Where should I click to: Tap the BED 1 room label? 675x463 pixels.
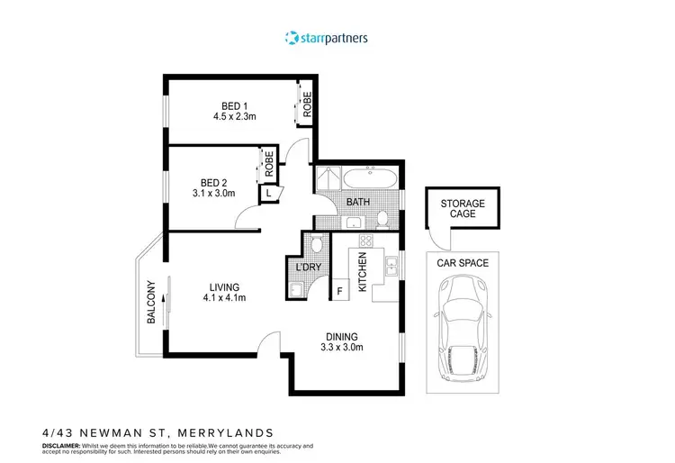(236, 104)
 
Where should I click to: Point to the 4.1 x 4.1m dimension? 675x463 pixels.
(224, 298)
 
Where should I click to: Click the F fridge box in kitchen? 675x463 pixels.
(340, 292)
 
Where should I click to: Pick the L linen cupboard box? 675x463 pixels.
(269, 191)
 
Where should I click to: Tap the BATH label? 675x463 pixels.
(358, 203)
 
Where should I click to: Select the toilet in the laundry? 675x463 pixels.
(317, 244)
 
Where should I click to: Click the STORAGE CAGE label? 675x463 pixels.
(463, 209)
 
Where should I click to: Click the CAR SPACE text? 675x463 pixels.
(463, 263)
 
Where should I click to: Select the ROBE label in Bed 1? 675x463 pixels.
(306, 105)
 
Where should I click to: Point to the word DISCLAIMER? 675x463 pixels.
(64, 445)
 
